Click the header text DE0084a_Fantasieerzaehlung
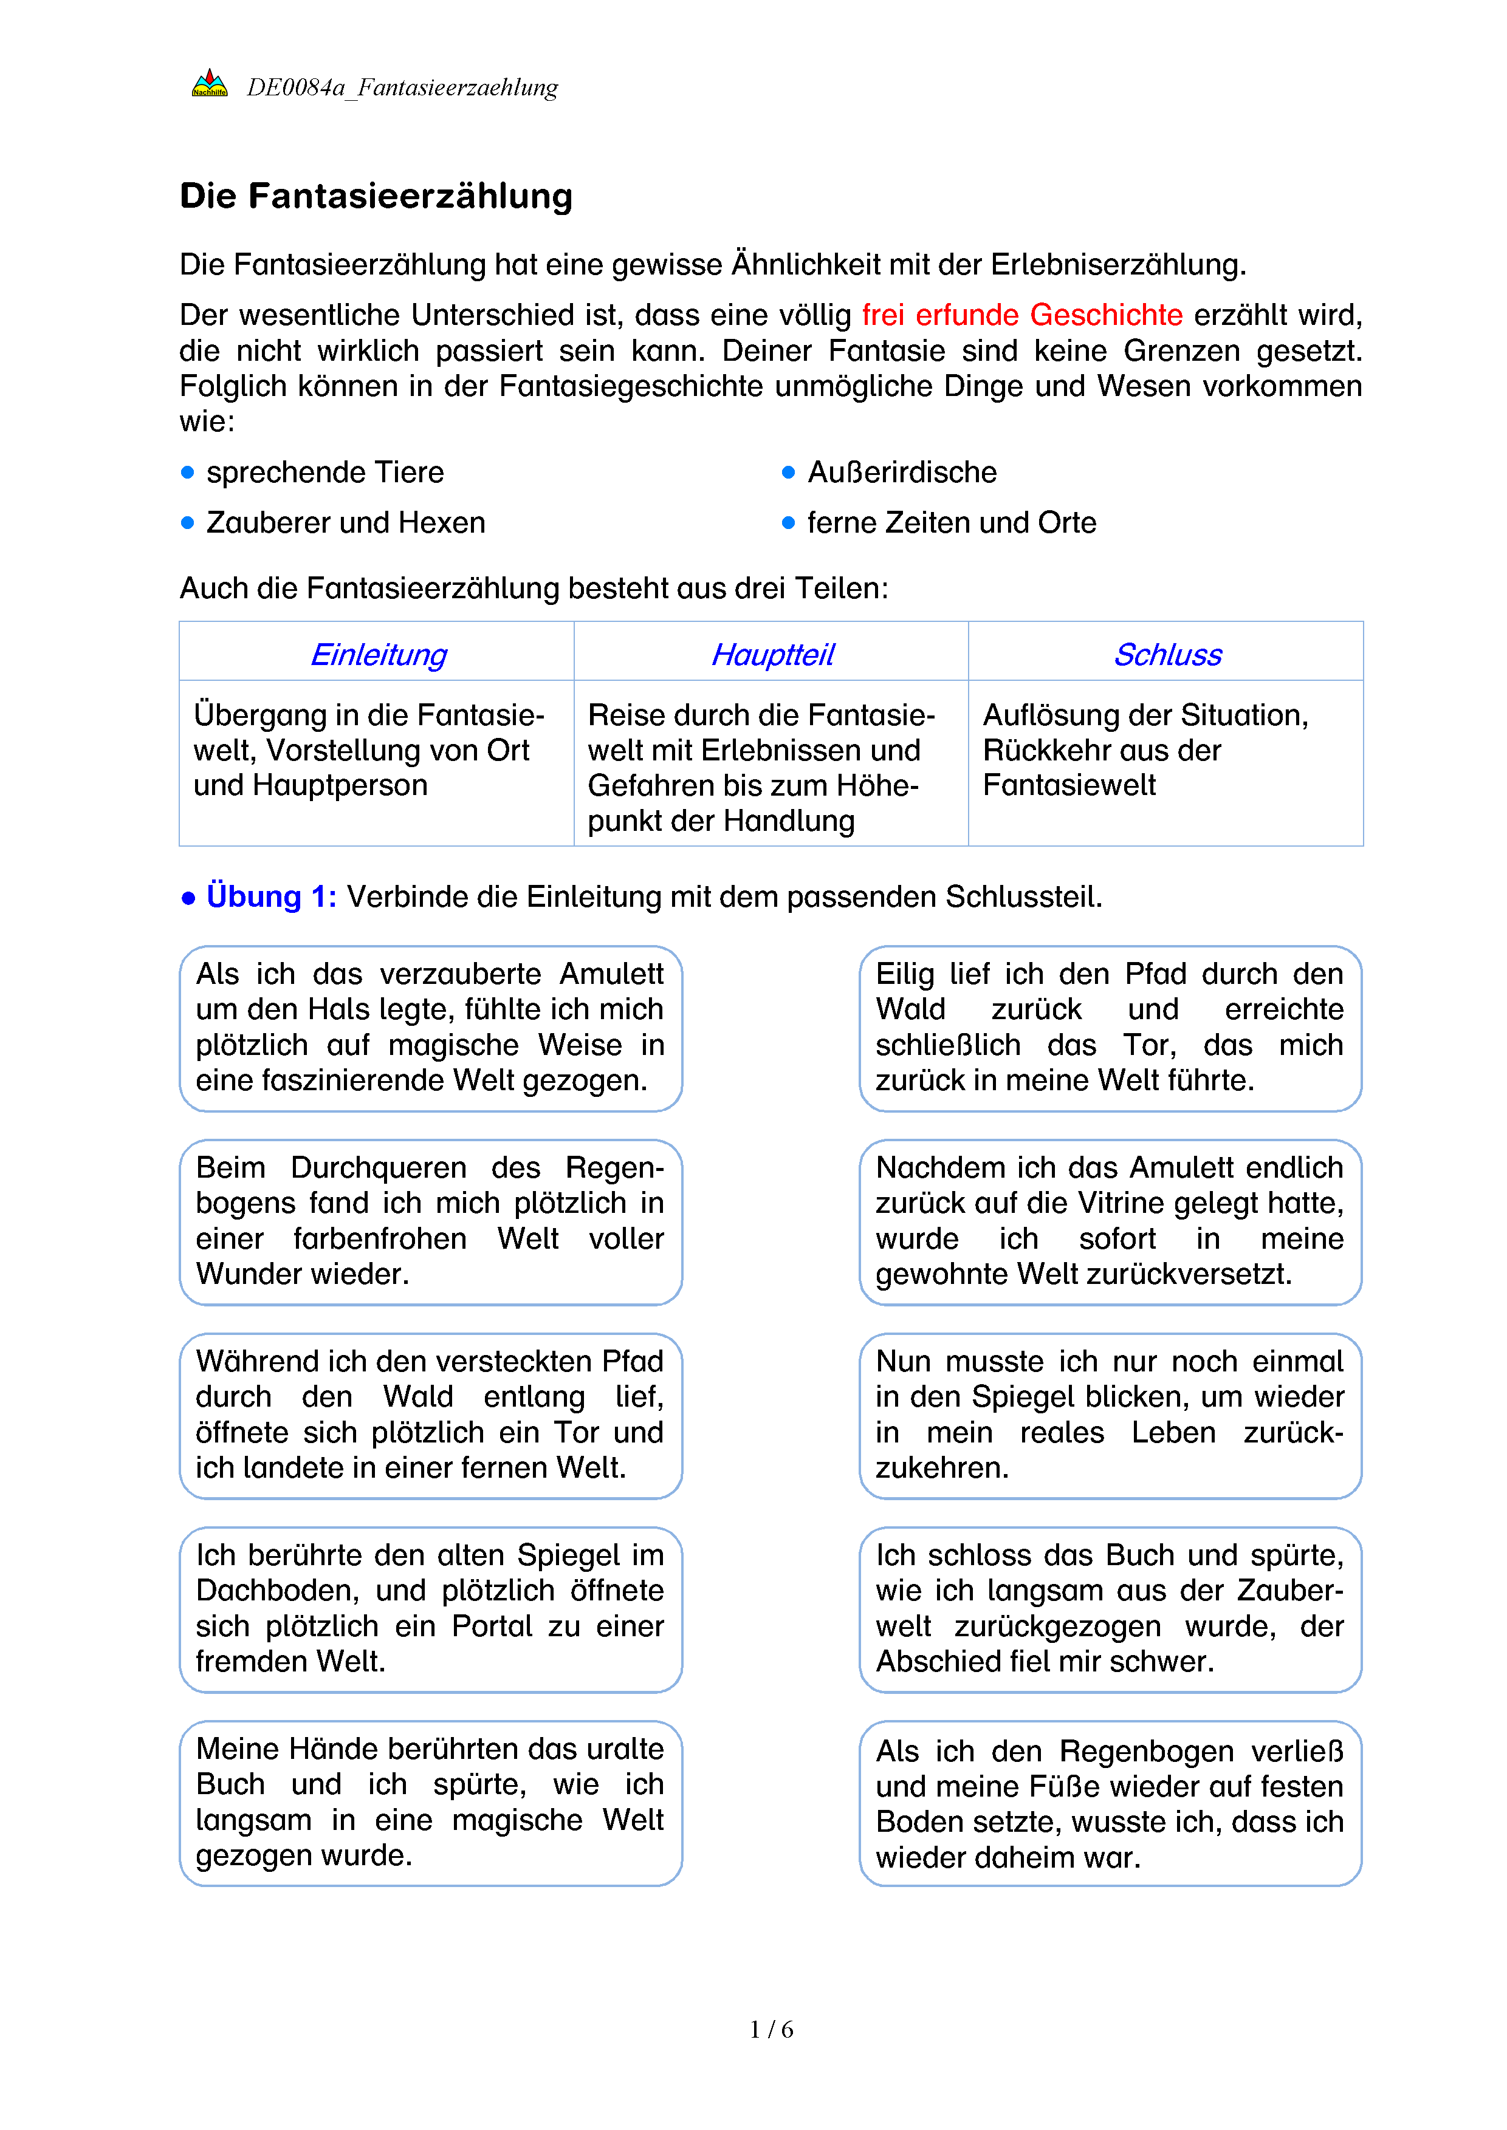pyautogui.click(x=402, y=87)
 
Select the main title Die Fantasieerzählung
pyautogui.click(x=376, y=196)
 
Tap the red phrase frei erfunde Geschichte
pyautogui.click(x=1021, y=315)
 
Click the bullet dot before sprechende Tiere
pyautogui.click(x=187, y=472)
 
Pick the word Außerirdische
pyautogui.click(x=902, y=472)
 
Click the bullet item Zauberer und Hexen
pyautogui.click(x=345, y=522)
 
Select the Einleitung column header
pyautogui.click(x=378, y=654)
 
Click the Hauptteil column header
pyautogui.click(x=772, y=654)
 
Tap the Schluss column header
pyautogui.click(x=1167, y=654)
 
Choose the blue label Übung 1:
pyautogui.click(x=271, y=896)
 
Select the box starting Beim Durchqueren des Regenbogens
pyautogui.click(x=431, y=1221)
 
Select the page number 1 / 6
pyautogui.click(x=771, y=2029)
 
